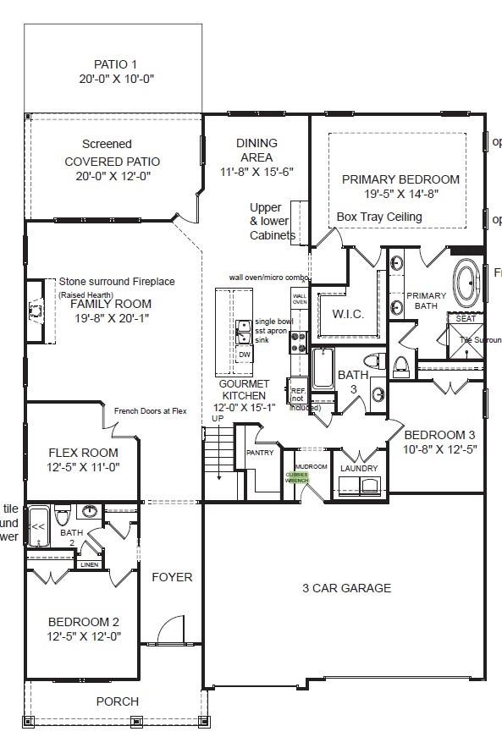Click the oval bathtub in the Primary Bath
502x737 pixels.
466,281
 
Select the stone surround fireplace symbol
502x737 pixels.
35,311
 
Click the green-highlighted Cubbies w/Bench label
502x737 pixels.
297,476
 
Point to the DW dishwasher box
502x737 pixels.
245,355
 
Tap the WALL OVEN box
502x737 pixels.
300,299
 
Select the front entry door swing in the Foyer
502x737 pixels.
171,630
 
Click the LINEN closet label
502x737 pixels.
90,564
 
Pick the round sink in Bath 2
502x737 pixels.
91,510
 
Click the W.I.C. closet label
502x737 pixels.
347,314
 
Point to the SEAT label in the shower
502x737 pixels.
466,319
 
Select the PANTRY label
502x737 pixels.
259,453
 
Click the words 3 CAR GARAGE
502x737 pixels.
347,588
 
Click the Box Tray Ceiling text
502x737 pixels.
379,217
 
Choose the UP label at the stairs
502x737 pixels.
218,419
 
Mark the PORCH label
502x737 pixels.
117,701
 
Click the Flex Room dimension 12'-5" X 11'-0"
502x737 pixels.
83,467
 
